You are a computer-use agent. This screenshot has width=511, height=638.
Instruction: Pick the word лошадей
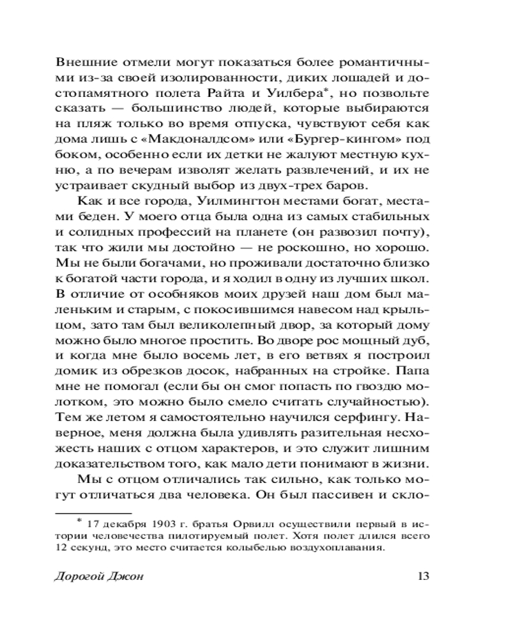point(367,79)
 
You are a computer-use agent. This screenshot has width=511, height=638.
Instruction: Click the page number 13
point(421,576)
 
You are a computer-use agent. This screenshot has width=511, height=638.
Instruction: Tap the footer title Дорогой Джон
point(99,577)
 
